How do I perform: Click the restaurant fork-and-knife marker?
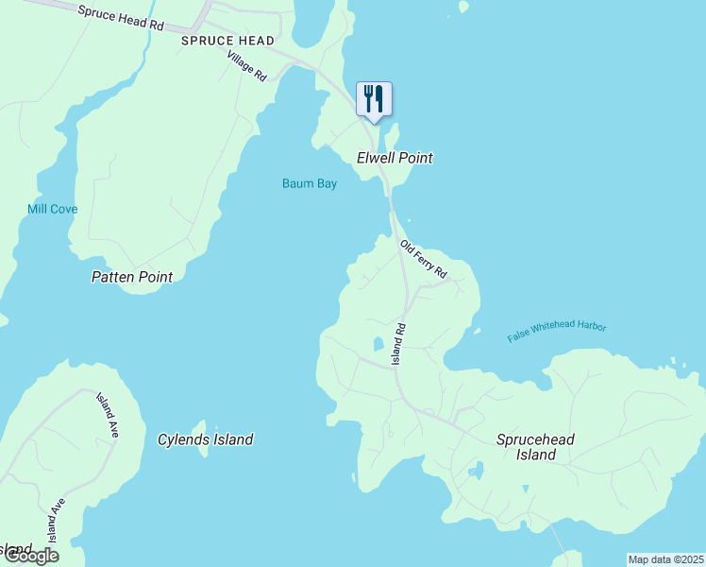pyautogui.click(x=374, y=99)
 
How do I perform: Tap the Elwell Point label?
pyautogui.click(x=395, y=158)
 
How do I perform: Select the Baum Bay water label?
pyautogui.click(x=310, y=183)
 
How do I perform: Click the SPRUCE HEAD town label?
pyautogui.click(x=229, y=41)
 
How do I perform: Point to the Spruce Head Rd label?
pyautogui.click(x=121, y=17)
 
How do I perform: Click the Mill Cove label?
pyautogui.click(x=52, y=209)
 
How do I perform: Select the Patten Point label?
pyautogui.click(x=132, y=277)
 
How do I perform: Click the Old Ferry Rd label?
pyautogui.click(x=423, y=259)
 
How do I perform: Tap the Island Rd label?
pyautogui.click(x=399, y=344)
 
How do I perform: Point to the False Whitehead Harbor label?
pyautogui.click(x=557, y=333)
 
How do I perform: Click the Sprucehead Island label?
pyautogui.click(x=535, y=447)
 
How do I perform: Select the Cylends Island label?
pyautogui.click(x=205, y=439)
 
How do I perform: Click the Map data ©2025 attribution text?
pyautogui.click(x=665, y=559)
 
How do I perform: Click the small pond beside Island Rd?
pyautogui.click(x=378, y=343)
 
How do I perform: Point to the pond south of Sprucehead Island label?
pyautogui.click(x=477, y=470)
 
